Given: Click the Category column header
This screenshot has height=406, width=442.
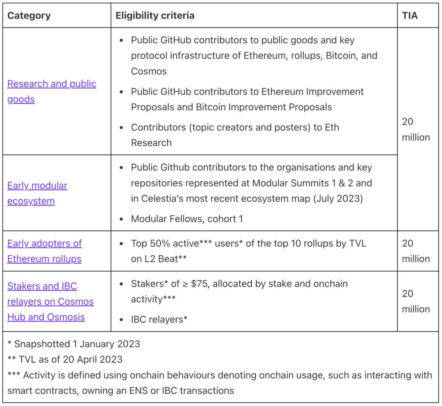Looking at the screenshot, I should [29, 15].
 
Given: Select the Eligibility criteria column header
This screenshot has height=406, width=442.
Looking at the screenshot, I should [155, 15].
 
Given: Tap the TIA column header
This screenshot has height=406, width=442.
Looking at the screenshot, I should [410, 15].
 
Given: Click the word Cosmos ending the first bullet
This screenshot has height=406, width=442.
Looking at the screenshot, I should [149, 71].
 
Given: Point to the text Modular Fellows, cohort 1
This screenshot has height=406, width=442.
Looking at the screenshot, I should [187, 219].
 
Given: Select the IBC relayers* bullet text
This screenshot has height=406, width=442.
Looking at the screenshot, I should [159, 320].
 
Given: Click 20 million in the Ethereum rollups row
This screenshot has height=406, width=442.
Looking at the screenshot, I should [416, 251].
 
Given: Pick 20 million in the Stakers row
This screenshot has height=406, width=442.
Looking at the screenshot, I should [416, 301].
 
